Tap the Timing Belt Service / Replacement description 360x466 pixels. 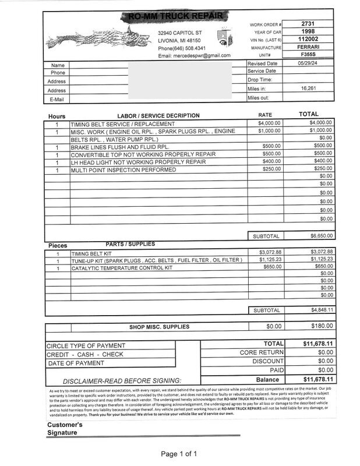122,124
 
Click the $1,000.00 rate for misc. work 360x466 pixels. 270,132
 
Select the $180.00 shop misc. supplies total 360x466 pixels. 321,327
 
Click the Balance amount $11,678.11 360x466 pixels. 317,379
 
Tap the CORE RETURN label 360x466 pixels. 262,353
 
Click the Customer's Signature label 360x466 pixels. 65,429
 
